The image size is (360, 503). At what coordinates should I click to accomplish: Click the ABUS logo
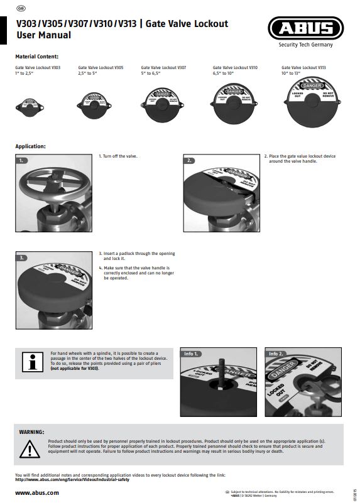(x=305, y=28)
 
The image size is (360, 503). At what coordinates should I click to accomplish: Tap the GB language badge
(x=21, y=9)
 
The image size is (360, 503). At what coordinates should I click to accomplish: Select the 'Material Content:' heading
(x=37, y=57)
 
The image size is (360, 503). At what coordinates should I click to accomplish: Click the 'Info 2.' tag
(x=277, y=354)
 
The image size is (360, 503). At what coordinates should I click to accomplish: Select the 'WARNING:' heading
(x=32, y=433)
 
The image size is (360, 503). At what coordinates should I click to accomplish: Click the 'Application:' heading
(x=31, y=146)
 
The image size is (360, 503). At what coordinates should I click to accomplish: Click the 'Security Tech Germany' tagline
(x=306, y=45)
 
